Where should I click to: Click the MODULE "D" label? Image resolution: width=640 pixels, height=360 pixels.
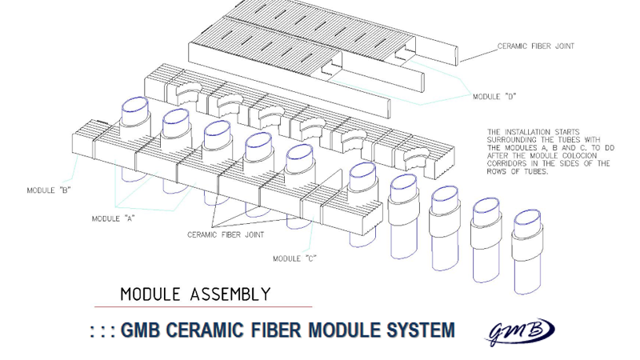click(494, 97)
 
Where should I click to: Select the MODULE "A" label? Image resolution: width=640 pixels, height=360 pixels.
click(114, 218)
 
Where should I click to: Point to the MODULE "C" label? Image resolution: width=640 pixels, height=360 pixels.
click(294, 258)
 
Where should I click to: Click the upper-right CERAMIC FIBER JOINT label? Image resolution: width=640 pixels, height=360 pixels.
click(536, 46)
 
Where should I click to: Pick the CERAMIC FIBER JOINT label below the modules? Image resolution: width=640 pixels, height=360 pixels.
click(226, 235)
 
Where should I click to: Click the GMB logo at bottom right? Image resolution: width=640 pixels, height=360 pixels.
click(521, 329)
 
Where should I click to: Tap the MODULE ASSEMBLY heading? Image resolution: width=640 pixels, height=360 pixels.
click(195, 294)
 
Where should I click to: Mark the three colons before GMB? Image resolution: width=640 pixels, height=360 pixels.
click(102, 330)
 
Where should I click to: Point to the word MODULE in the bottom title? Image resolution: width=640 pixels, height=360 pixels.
click(342, 330)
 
